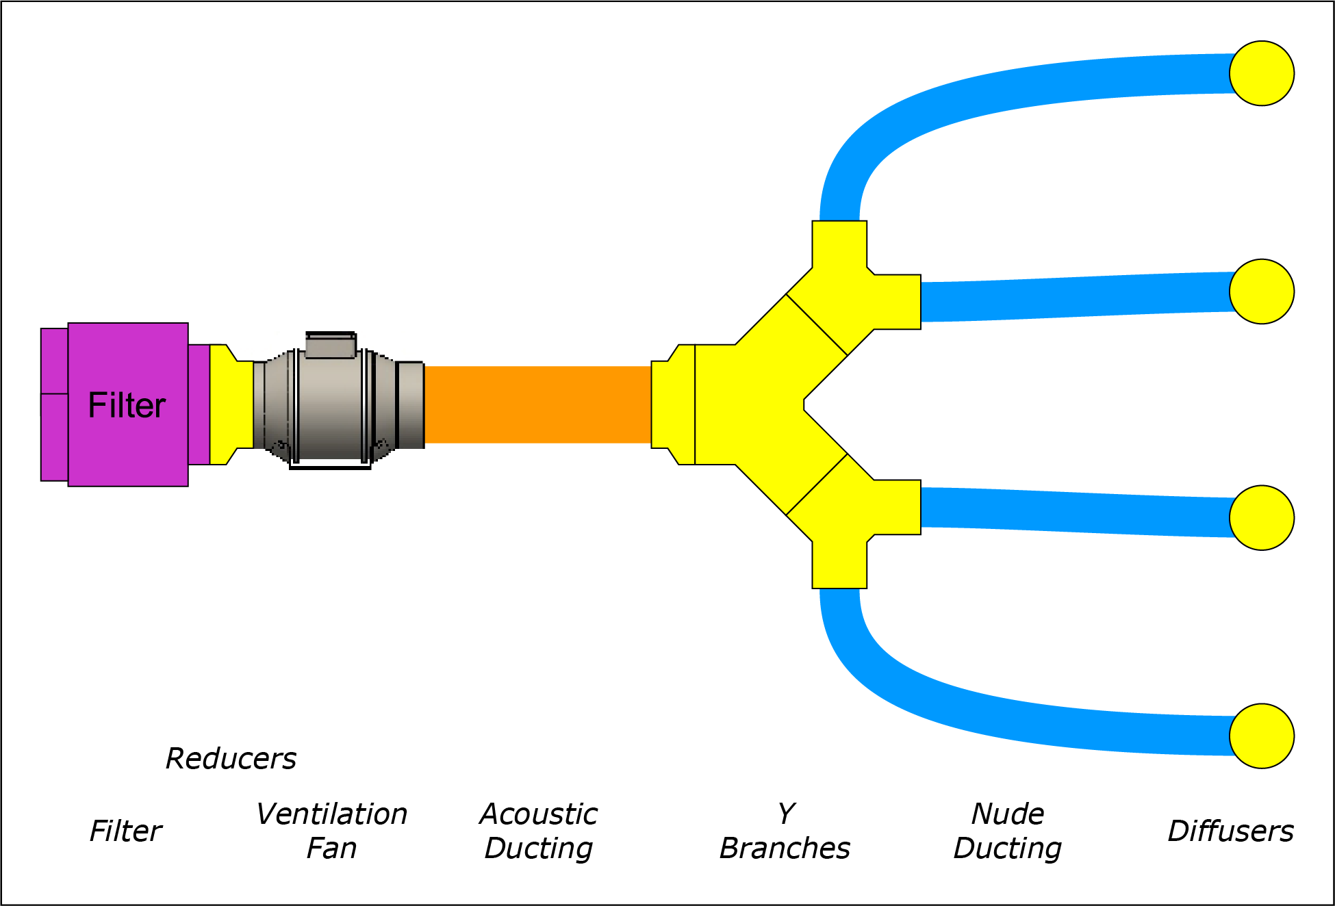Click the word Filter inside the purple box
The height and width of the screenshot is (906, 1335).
pos(127,405)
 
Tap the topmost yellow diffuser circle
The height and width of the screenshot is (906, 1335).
pos(1261,73)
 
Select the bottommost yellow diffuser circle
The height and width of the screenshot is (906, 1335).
pos(1261,736)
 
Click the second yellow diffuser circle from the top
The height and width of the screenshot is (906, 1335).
pos(1261,292)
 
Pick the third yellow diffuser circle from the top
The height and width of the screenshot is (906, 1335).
pos(1261,517)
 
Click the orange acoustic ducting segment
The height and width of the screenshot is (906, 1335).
pos(537,405)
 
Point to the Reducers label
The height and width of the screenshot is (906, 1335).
pos(231,759)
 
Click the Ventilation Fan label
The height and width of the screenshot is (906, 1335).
pos(332,831)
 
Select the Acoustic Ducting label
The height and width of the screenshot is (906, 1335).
pos(538,831)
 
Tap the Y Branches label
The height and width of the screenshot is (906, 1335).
pos(785,831)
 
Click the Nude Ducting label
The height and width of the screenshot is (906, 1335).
pos(1008,831)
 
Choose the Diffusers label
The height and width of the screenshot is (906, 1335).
pos(1230,831)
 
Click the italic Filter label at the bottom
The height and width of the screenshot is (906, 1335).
pos(125,831)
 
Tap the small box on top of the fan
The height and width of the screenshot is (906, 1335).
pos(330,346)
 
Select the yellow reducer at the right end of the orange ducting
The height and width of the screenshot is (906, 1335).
pos(672,404)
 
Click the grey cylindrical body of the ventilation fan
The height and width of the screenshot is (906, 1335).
pos(330,411)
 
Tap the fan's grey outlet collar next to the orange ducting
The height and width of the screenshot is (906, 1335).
pos(410,404)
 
